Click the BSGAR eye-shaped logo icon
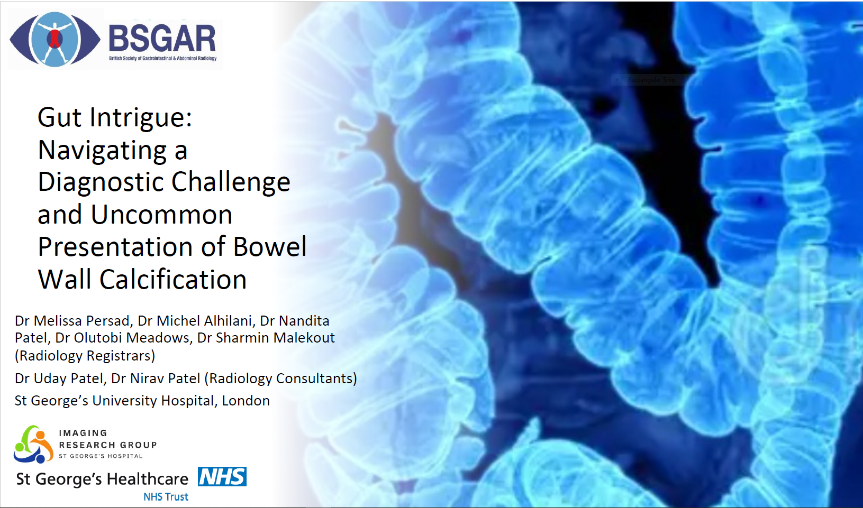[55, 39]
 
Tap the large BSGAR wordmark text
[162, 39]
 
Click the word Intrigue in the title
[141, 117]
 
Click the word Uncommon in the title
[161, 215]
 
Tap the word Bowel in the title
[270, 246]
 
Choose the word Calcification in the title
[173, 279]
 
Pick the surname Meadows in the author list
[158, 337]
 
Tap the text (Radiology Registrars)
[85, 356]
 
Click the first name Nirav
[146, 378]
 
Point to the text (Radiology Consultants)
[280, 378]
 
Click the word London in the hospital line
[246, 401]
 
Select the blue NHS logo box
[222, 477]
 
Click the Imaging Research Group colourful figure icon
[33, 444]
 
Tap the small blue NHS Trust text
[166, 497]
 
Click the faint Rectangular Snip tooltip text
[651, 80]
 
